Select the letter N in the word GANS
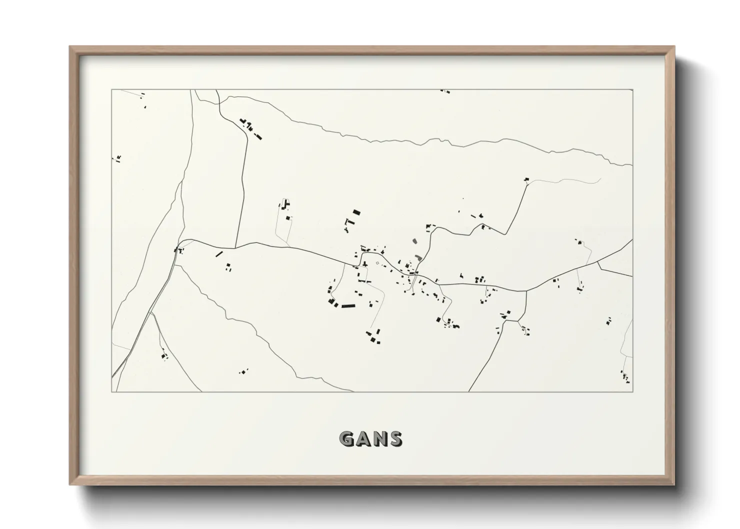tap(379, 439)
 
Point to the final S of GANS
tap(394, 439)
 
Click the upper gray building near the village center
tap(414, 241)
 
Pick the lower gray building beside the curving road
tap(418, 257)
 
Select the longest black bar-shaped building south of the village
tap(347, 304)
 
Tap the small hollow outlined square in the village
tap(377, 263)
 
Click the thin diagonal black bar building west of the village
tap(218, 254)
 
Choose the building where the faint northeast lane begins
tap(526, 179)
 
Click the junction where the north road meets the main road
tap(235, 247)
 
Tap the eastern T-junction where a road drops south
tap(526, 290)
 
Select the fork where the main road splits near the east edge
tap(598, 262)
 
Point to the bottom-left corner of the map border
tap(111, 391)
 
